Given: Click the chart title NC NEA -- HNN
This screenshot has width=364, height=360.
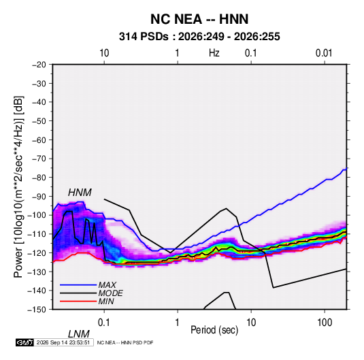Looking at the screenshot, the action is click(199, 19).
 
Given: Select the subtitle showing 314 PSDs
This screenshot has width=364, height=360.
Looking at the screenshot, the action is click(199, 37).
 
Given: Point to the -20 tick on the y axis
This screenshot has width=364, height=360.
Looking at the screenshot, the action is click(39, 65).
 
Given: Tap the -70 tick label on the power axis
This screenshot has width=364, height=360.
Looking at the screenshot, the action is click(39, 159).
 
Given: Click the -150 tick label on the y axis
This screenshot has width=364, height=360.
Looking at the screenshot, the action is click(37, 310).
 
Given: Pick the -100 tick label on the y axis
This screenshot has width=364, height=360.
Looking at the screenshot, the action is click(37, 215).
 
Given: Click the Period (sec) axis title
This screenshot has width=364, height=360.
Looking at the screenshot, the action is click(214, 330).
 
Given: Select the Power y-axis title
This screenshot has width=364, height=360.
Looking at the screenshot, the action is click(18, 186).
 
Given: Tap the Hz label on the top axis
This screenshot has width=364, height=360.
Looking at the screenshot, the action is click(214, 53).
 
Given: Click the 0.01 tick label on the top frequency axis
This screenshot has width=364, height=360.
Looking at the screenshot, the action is click(324, 53).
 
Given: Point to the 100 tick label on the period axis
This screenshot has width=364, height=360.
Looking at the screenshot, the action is click(325, 323).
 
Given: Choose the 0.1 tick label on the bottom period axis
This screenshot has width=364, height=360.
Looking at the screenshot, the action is click(104, 323).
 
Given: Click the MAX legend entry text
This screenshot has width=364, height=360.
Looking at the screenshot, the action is click(107, 285).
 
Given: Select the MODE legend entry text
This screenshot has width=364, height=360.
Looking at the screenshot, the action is click(110, 293).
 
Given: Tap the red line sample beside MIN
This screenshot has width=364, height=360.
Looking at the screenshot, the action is click(78, 301).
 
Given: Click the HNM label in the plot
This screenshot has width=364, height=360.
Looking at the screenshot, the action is click(80, 193).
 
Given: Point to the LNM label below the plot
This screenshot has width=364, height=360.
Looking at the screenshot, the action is click(79, 334).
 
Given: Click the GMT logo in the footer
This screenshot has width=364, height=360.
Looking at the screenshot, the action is click(25, 342).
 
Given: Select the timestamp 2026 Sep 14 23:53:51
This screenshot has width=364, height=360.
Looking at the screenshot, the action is click(63, 342).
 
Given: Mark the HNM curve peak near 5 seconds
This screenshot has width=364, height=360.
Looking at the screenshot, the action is click(226, 208).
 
